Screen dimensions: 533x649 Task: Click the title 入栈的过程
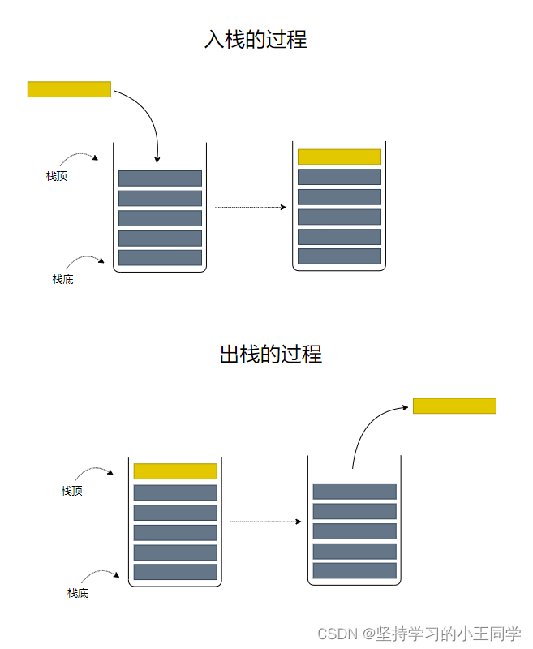pyautogui.click(x=256, y=39)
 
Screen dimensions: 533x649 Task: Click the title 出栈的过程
pyautogui.click(x=271, y=354)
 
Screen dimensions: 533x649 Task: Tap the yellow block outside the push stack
pyautogui.click(x=69, y=89)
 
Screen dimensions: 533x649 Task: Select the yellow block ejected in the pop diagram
pyautogui.click(x=454, y=406)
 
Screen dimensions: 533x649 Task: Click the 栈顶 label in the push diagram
pyautogui.click(x=57, y=176)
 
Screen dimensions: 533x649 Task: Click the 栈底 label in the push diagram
pyautogui.click(x=63, y=279)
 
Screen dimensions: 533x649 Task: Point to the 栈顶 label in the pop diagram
pyautogui.click(x=72, y=491)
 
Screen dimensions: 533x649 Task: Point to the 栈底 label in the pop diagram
pyautogui.click(x=78, y=593)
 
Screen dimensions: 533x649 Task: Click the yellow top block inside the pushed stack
pyautogui.click(x=339, y=157)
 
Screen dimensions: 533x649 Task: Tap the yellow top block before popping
pyautogui.click(x=175, y=471)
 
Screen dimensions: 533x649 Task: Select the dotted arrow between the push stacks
pyautogui.click(x=250, y=208)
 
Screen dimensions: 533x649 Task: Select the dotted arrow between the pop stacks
pyautogui.click(x=265, y=522)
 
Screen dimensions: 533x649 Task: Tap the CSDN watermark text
pyautogui.click(x=419, y=634)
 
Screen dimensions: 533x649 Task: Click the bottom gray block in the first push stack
pyautogui.click(x=160, y=257)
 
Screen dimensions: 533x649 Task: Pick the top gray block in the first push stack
pyautogui.click(x=160, y=178)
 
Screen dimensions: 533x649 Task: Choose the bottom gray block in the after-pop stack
pyautogui.click(x=355, y=570)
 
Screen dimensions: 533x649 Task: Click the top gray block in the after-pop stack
pyautogui.click(x=355, y=492)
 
